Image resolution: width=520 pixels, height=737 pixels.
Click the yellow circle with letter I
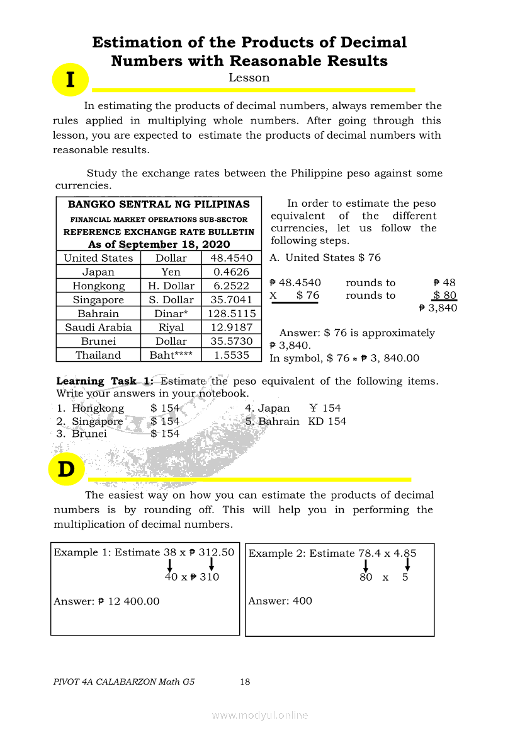click(70, 80)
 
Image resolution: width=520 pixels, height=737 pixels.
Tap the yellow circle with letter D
click(66, 469)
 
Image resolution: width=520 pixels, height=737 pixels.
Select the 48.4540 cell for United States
click(231, 258)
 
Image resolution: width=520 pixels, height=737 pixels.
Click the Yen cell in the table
click(171, 272)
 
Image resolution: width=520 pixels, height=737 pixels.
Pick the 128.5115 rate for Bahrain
click(231, 313)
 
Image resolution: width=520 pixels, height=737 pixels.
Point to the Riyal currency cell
click(171, 327)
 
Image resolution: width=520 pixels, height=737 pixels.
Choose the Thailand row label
click(98, 355)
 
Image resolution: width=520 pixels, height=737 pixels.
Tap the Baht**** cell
click(171, 355)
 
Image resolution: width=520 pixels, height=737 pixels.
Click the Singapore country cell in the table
click(98, 299)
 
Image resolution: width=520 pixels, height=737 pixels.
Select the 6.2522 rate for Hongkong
click(231, 286)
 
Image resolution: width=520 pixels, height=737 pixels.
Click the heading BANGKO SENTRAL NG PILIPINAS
click(159, 204)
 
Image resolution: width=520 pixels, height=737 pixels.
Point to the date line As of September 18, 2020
click(159, 245)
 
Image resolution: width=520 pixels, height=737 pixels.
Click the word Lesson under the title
click(249, 78)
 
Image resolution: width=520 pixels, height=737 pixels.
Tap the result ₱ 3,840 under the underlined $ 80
click(438, 308)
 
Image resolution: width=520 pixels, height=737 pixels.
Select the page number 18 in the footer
click(245, 682)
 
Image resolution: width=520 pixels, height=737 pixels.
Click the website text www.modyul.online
click(260, 715)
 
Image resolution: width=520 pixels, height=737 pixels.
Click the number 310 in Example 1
click(210, 577)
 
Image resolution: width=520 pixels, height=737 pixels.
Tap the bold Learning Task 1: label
click(105, 381)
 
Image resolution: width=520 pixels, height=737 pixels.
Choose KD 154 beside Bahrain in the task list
click(327, 421)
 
